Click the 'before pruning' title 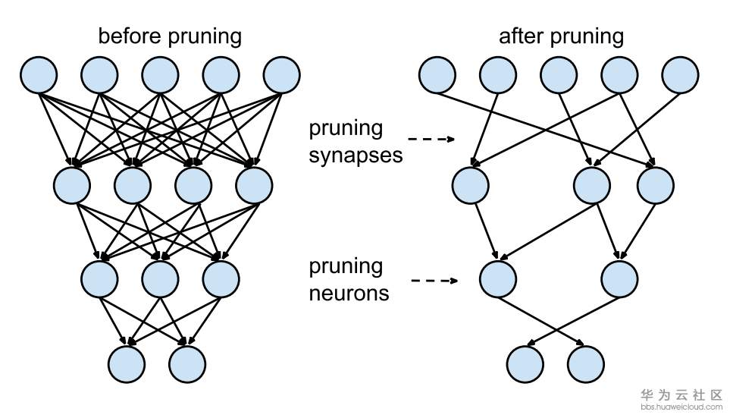tap(170, 36)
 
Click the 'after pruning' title tap(561, 36)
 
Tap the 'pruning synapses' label tap(356, 141)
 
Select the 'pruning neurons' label tap(349, 279)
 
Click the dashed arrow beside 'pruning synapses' tap(431, 140)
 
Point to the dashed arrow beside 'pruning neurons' tap(434, 281)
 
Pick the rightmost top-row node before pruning tap(282, 75)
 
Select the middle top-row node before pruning tap(161, 75)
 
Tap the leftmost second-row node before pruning tap(72, 184)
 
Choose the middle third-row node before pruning tap(160, 278)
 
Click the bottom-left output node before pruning tap(127, 363)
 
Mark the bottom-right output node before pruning tap(187, 363)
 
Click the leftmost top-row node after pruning tap(437, 75)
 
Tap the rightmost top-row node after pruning tap(680, 75)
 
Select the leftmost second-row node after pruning tap(470, 184)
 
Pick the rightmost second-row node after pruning tap(655, 184)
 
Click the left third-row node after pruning tap(497, 278)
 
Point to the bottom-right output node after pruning tap(586, 363)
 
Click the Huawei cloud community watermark tap(681, 399)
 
